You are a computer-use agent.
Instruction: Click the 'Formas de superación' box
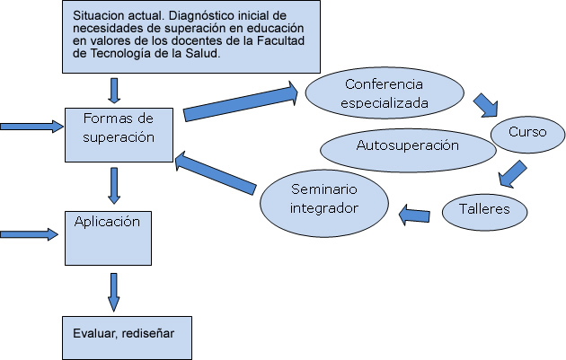(x=119, y=134)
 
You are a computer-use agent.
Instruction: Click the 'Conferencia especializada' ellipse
(x=385, y=94)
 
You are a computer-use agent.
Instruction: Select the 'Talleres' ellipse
(x=483, y=210)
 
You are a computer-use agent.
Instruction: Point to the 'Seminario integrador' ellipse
(x=324, y=199)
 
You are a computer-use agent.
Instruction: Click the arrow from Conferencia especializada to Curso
(x=486, y=105)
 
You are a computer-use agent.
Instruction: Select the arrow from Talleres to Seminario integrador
(x=414, y=214)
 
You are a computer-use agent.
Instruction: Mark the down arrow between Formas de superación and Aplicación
(x=114, y=185)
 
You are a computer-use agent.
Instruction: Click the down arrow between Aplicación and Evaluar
(x=113, y=290)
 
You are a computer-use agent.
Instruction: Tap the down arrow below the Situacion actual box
(x=113, y=90)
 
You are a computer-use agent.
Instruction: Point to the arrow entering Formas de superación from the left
(x=32, y=127)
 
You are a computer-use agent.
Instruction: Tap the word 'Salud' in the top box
(x=201, y=54)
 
